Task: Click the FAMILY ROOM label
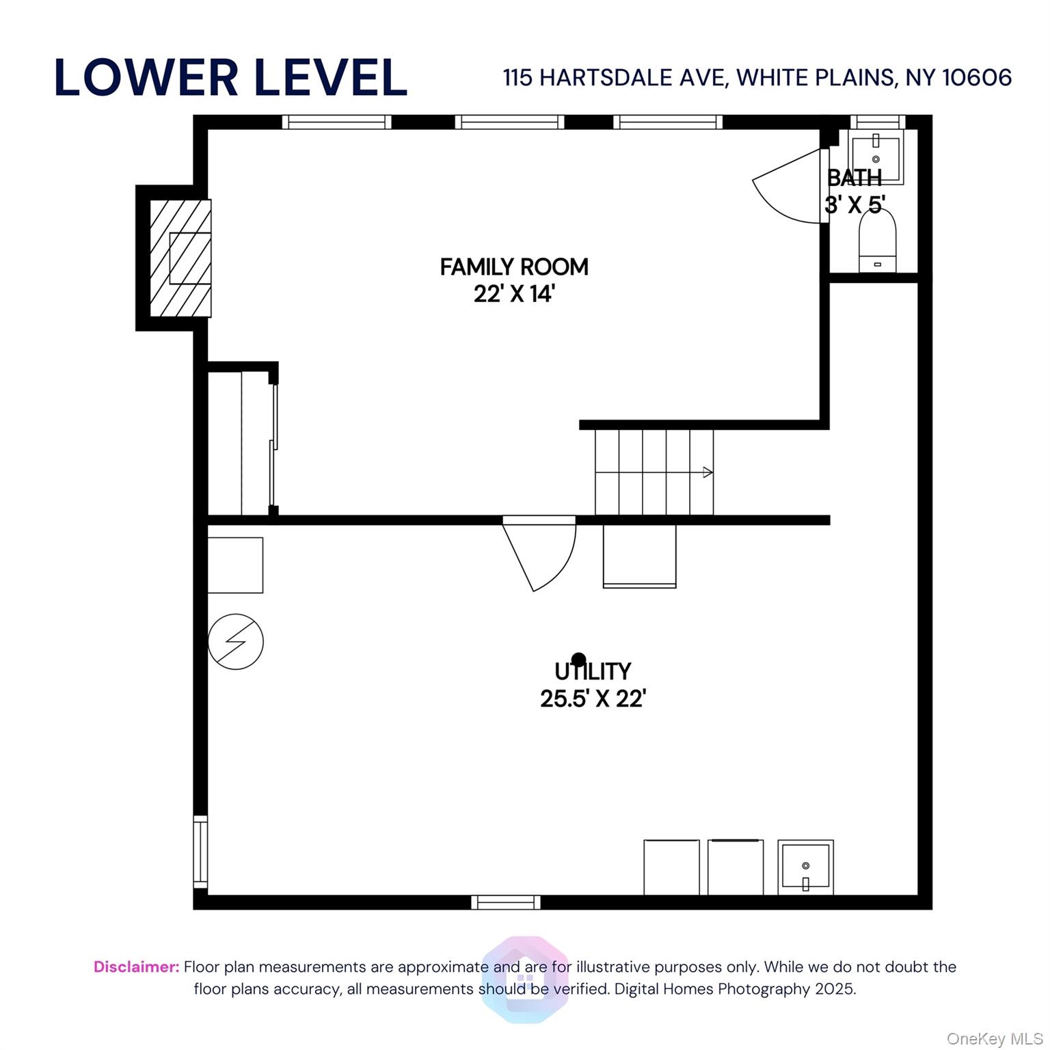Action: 514,267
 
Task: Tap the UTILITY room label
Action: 593,672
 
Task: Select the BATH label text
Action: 854,178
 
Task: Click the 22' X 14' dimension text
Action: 514,294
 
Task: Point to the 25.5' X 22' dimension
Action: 593,699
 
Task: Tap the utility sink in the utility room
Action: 806,867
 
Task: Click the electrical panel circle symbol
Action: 235,641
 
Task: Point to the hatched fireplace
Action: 180,258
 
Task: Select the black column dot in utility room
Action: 578,660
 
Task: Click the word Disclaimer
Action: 136,967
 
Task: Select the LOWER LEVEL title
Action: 230,77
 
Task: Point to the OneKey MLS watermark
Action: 995,1039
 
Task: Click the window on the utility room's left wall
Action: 200,852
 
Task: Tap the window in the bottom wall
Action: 506,902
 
